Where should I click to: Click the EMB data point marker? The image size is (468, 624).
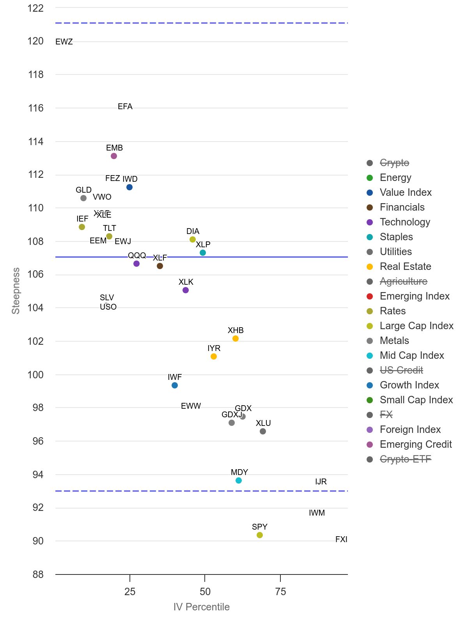tap(114, 156)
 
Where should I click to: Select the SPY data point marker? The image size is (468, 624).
tap(260, 535)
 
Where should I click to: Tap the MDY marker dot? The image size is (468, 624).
tap(239, 480)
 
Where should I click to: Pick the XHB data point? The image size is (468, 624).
tap(236, 339)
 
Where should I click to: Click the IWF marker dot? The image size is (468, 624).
tap(175, 385)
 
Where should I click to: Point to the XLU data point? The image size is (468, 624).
tap(263, 431)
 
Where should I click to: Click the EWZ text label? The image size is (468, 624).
tap(64, 42)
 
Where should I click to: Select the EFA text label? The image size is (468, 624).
tap(125, 106)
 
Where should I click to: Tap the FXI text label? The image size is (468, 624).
tap(341, 539)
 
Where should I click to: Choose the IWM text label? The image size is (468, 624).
tap(317, 513)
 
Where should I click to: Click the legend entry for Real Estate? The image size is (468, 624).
tap(405, 266)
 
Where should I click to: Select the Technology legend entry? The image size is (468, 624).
tap(405, 222)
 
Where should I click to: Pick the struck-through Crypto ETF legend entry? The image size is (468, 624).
tap(405, 459)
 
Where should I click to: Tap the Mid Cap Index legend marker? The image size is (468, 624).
tap(370, 356)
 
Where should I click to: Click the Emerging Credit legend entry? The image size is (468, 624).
tap(415, 444)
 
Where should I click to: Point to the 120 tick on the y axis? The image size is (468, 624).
tap(35, 41)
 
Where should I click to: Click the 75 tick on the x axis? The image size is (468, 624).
tap(280, 592)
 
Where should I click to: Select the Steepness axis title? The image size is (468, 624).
tap(16, 291)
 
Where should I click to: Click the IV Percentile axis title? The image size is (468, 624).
tap(202, 607)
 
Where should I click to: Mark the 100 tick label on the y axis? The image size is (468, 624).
tap(35, 375)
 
